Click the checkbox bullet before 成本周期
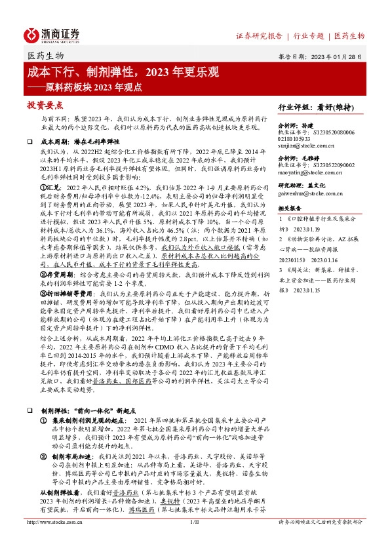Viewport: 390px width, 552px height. (30, 142)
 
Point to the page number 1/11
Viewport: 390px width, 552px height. (194, 541)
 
